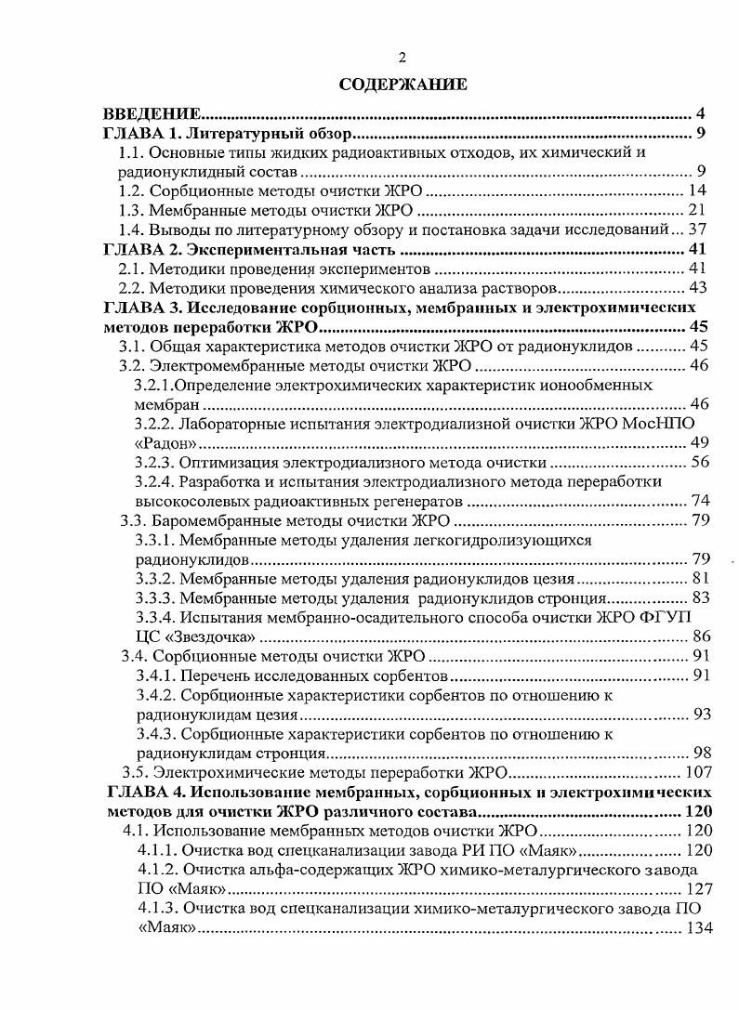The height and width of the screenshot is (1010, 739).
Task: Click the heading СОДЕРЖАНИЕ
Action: click(x=402, y=85)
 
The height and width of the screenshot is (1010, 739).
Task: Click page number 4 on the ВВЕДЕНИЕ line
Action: click(x=699, y=114)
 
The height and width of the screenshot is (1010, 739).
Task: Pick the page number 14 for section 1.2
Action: click(x=697, y=190)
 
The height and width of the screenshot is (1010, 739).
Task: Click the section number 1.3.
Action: click(x=136, y=210)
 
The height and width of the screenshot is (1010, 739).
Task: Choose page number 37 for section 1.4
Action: click(x=697, y=230)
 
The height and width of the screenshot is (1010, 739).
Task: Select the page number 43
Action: click(x=697, y=288)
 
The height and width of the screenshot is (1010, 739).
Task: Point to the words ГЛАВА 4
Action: click(x=147, y=792)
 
